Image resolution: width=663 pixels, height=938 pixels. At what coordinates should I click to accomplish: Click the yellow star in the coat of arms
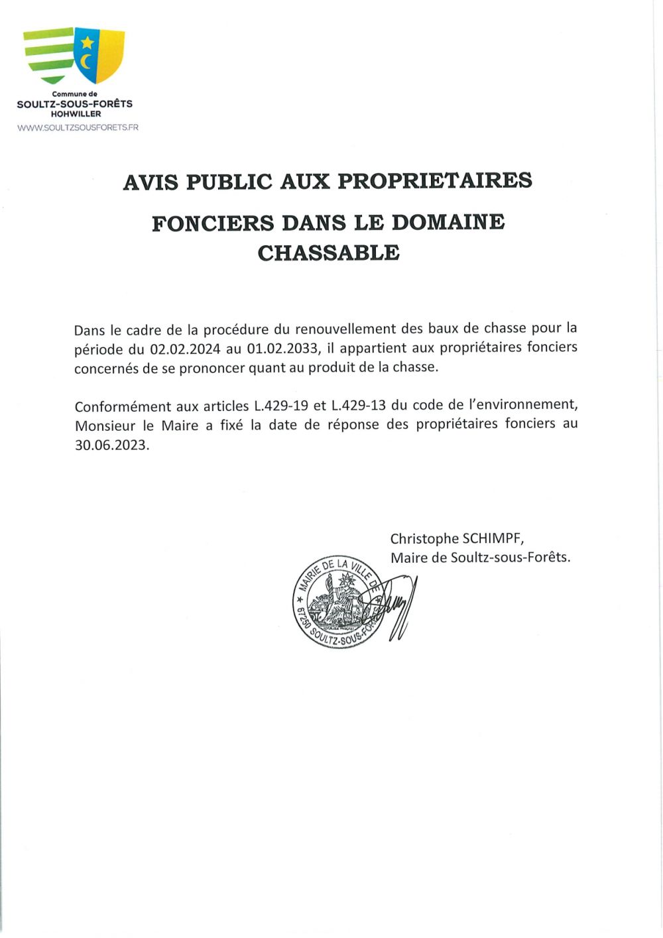87,43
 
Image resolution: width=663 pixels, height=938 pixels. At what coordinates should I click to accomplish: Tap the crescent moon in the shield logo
86,62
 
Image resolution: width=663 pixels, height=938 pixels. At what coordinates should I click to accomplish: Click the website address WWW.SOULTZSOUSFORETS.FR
78,127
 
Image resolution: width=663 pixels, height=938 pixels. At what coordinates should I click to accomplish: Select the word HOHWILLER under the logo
76,114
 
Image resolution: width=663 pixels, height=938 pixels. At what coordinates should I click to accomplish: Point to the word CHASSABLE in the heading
329,253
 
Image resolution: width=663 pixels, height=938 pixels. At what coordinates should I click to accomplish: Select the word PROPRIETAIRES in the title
435,181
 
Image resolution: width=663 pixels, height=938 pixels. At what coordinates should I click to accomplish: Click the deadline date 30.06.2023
111,445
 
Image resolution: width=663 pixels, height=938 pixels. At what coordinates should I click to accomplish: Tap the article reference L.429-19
281,406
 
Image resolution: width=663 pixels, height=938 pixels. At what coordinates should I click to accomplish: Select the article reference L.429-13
358,406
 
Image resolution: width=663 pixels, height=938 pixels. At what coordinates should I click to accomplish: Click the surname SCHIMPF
493,539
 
